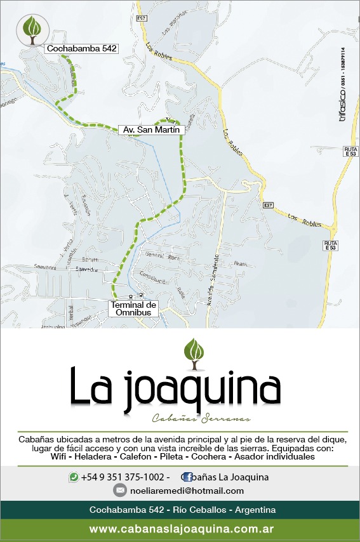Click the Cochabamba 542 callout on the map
82,48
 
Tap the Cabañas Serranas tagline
202,418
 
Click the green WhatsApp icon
74,477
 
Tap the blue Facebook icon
188,477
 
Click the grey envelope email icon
119,491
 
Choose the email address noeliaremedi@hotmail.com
187,491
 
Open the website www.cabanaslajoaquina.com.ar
181,529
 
